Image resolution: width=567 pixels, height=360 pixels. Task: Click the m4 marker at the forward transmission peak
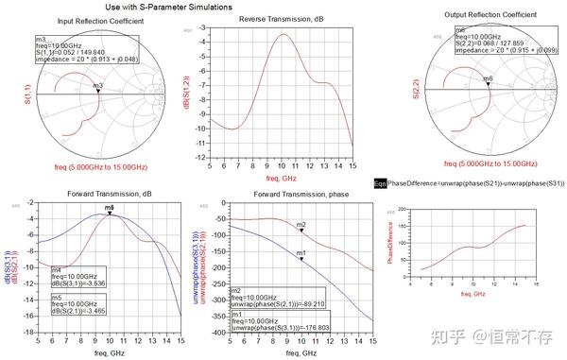coord(110,213)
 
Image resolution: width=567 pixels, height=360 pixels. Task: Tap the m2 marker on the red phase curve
coord(301,230)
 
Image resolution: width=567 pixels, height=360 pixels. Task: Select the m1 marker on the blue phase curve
coord(301,258)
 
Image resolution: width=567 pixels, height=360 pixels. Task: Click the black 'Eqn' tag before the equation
coord(379,184)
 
